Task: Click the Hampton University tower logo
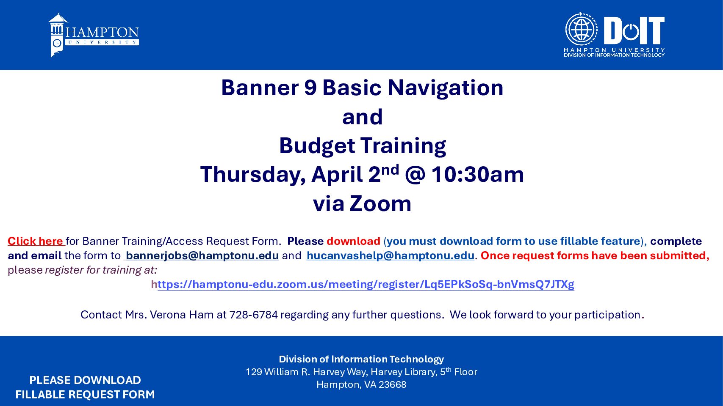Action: tap(58, 35)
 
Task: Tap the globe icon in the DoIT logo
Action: tap(581, 29)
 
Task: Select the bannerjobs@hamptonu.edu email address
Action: tap(202, 255)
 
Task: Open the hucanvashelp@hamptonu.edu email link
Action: tap(391, 255)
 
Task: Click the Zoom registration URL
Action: tap(363, 284)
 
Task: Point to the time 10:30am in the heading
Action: tap(478, 174)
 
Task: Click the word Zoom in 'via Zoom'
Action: tap(380, 204)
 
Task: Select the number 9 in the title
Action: tap(310, 88)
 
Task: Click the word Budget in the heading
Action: tap(317, 146)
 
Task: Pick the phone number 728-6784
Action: tap(253, 315)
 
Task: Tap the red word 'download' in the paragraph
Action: tap(353, 241)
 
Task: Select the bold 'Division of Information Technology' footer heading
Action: tap(361, 359)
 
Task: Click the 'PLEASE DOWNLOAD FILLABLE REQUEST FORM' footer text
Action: tap(85, 387)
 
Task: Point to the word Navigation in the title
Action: tap(446, 88)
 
